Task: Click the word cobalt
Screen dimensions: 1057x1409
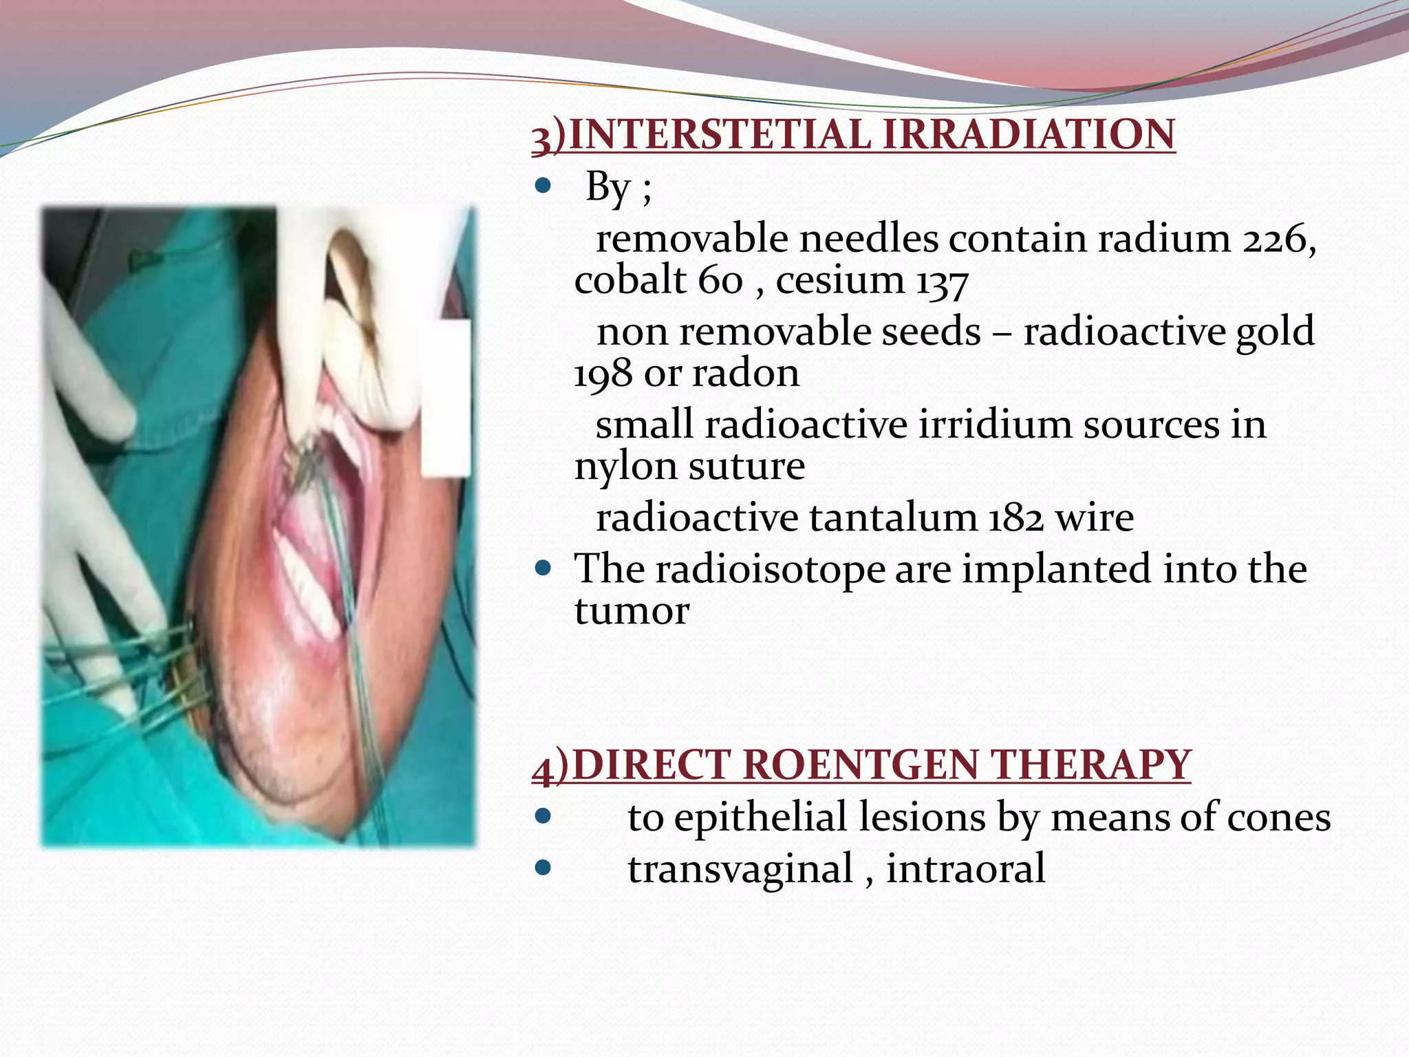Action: (630, 280)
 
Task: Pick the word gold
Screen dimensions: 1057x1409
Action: (1275, 332)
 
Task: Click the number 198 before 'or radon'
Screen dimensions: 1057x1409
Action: (603, 374)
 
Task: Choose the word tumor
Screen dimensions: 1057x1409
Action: (632, 611)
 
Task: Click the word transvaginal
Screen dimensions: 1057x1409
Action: (740, 869)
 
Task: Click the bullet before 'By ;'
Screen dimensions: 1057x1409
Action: (544, 186)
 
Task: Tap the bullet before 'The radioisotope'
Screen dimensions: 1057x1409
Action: (544, 568)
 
